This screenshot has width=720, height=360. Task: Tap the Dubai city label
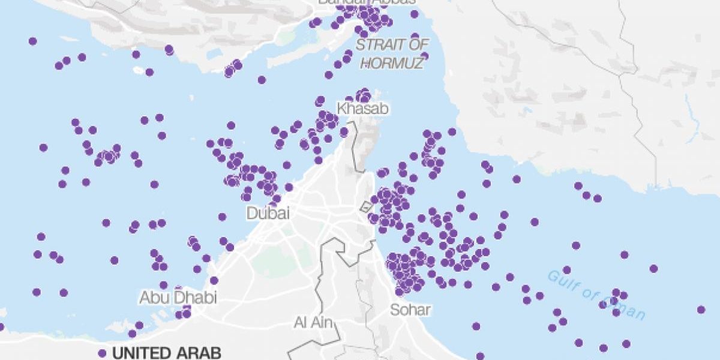coord(268,213)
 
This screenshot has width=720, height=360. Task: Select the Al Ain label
coord(313,323)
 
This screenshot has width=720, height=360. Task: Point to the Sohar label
coord(410,310)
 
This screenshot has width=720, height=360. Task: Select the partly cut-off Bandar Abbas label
coord(366,2)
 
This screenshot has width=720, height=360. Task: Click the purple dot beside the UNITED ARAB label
coord(102,353)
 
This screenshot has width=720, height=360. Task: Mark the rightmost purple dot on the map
coord(701,310)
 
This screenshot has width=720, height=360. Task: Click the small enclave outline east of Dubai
coord(365,207)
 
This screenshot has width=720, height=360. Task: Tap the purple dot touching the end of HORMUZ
coord(424,56)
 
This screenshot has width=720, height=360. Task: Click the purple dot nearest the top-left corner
coord(32,41)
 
